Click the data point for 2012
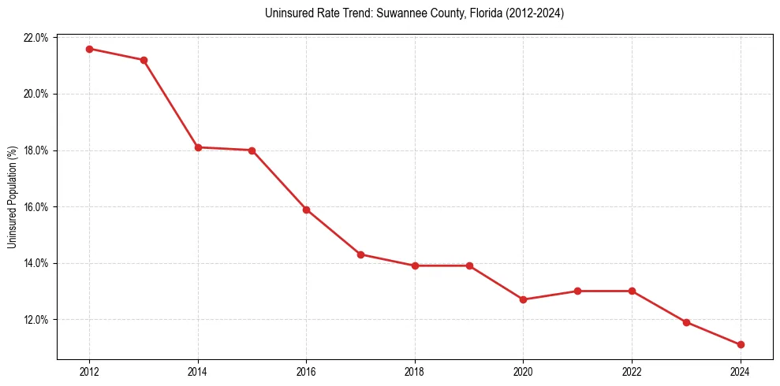tap(89, 49)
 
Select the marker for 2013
tap(144, 60)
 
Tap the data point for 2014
tap(198, 147)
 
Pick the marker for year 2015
tap(252, 150)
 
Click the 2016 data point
tap(306, 210)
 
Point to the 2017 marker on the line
tap(360, 254)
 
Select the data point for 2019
tap(469, 265)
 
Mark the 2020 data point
tap(523, 299)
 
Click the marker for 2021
tap(577, 291)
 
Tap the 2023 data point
tap(686, 322)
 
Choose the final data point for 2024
tap(741, 344)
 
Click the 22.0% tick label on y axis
tap(36, 38)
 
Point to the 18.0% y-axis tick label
tap(36, 150)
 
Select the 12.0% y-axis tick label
tap(36, 320)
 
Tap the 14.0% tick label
tap(36, 263)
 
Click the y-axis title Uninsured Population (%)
tap(12, 197)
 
